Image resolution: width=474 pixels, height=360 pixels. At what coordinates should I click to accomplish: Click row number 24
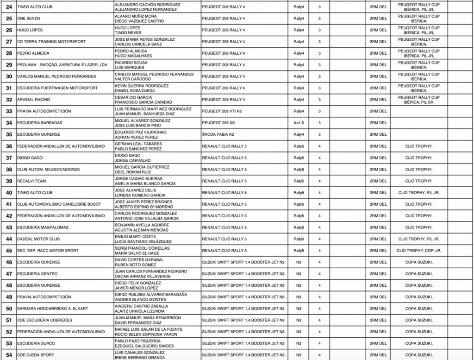[x=9, y=7]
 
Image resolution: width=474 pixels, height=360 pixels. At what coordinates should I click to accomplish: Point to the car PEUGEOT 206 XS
[x=219, y=123]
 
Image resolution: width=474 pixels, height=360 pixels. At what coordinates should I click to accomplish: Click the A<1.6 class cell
[x=299, y=123]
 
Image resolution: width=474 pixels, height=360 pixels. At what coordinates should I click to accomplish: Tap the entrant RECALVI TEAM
[x=32, y=181]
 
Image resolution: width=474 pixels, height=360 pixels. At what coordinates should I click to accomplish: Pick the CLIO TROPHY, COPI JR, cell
[x=418, y=250]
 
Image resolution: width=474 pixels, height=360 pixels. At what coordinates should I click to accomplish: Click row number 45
[x=9, y=250]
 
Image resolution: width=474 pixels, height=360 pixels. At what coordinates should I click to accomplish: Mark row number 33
[x=9, y=111]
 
